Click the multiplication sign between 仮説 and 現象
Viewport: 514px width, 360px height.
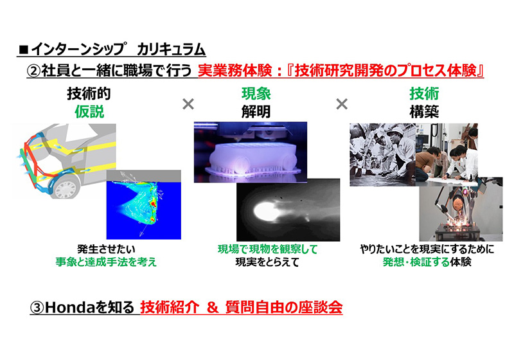point(188,104)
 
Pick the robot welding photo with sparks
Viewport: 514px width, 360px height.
point(460,213)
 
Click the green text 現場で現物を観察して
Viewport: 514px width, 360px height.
point(267,249)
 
